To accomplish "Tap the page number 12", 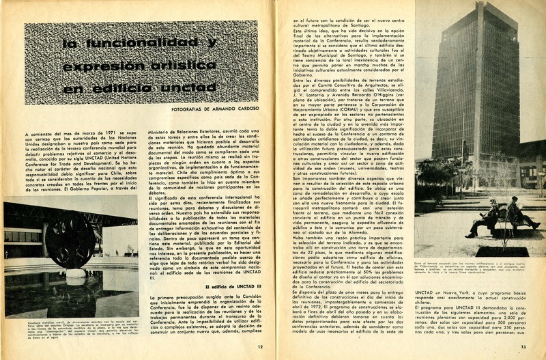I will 260,346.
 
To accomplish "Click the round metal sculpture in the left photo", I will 67,240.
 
